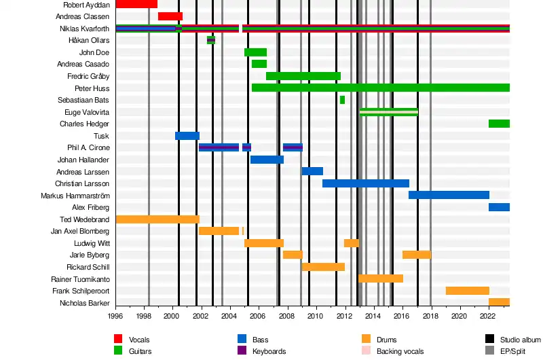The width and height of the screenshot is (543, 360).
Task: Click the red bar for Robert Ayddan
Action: tap(136, 4)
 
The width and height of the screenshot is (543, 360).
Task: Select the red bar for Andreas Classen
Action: tap(170, 16)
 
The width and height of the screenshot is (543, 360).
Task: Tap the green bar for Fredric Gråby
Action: tap(303, 76)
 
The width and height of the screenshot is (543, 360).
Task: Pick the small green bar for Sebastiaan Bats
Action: tap(342, 100)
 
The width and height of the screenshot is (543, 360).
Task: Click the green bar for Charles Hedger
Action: tap(499, 124)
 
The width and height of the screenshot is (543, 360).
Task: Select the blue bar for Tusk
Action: tap(187, 136)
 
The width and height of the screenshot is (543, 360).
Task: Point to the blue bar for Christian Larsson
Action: tap(366, 183)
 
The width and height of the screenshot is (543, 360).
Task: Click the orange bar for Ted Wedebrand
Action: tap(157, 219)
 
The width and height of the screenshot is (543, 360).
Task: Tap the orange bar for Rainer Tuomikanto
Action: tap(381, 278)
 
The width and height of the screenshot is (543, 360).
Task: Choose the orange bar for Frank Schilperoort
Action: tap(468, 291)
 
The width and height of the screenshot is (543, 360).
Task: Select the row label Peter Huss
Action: tap(92, 88)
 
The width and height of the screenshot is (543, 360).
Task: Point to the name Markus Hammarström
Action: tap(75, 196)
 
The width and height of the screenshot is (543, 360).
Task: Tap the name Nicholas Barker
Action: tap(85, 303)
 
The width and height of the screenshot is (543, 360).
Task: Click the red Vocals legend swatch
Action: tap(118, 339)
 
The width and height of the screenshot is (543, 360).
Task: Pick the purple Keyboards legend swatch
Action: tap(242, 351)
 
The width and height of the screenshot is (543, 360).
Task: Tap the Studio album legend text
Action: tap(521, 340)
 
